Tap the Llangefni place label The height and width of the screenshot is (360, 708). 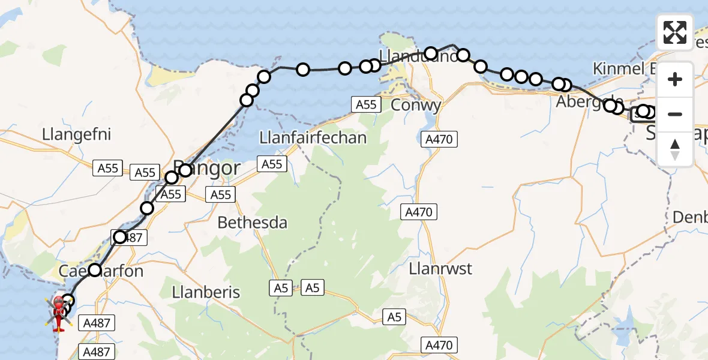(x=77, y=134)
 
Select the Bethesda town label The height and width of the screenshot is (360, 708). (x=252, y=223)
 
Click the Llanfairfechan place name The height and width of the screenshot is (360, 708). (x=313, y=138)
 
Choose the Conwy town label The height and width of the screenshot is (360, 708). (x=416, y=105)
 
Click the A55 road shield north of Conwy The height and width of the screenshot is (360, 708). (x=366, y=105)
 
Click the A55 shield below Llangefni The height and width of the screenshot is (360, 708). (x=108, y=169)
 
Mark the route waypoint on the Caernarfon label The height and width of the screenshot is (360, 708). (x=95, y=270)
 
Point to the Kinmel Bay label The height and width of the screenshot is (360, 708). (x=624, y=68)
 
